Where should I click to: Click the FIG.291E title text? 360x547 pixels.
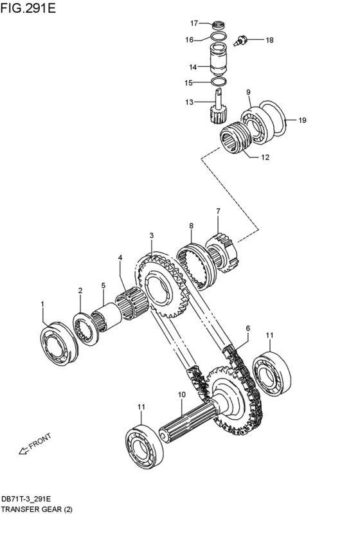coord(28,8)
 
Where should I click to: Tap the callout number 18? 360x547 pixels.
coord(269,40)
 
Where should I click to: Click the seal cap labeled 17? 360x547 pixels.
coord(219,25)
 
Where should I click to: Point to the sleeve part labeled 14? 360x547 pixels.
coord(219,60)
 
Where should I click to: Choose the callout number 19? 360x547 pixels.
coord(302,120)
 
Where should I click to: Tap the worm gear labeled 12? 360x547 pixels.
coord(235,137)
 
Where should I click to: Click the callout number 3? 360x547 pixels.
coord(152,236)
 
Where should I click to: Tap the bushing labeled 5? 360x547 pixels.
coord(106,317)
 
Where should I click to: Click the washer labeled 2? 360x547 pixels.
coord(85,329)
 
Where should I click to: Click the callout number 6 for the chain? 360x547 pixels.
coord(248,328)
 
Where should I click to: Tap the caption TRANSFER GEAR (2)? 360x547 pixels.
coord(37,509)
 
